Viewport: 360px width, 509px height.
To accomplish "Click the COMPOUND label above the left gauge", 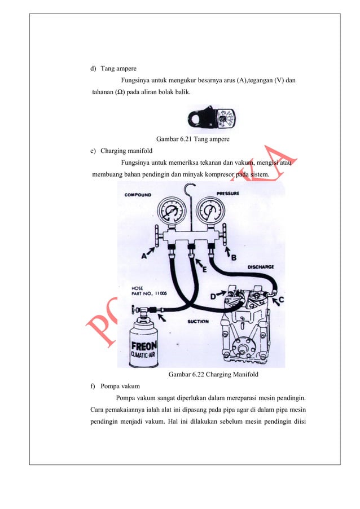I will (139, 194).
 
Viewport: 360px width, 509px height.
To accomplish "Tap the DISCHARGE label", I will (261, 267).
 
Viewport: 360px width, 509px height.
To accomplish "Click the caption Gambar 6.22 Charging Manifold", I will (214, 374).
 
